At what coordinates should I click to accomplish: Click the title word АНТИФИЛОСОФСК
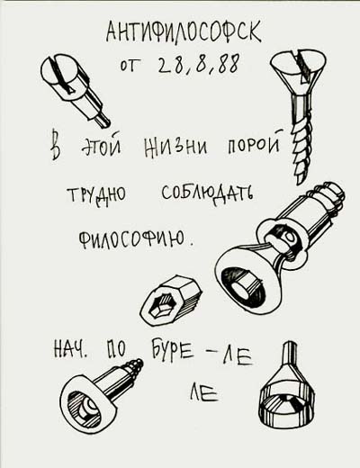[184, 33]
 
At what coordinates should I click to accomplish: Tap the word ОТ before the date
[130, 67]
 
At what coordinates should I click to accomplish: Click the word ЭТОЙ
[101, 147]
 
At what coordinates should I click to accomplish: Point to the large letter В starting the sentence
[58, 147]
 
